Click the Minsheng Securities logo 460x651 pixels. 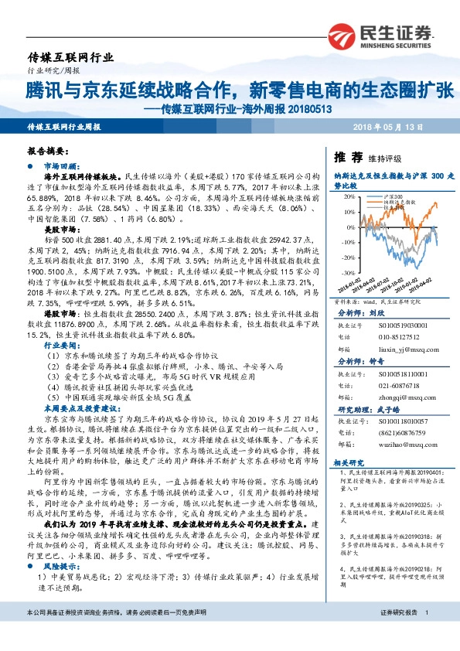coord(377,36)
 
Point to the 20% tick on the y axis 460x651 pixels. coord(349,198)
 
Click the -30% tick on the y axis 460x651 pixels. coord(348,272)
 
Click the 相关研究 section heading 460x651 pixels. coord(348,462)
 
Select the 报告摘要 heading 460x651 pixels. coord(45,152)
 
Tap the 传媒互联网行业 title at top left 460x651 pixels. coord(70,57)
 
